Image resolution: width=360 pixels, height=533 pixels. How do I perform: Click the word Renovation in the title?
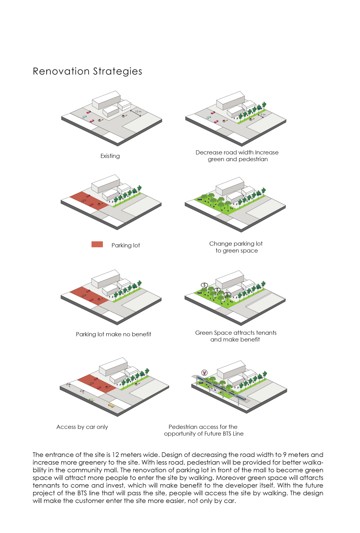pos(61,71)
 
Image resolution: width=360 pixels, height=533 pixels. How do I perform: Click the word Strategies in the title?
pos(118,72)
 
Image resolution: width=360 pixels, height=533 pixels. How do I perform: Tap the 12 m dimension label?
pos(138,111)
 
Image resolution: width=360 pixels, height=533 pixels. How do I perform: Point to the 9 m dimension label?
pos(263,115)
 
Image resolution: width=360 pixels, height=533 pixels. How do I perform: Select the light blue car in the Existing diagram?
pos(84,117)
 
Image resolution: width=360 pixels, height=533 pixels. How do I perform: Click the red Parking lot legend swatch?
pos(97,245)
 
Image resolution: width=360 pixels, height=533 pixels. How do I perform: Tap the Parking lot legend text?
pos(126,245)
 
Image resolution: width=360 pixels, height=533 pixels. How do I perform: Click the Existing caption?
pos(110,156)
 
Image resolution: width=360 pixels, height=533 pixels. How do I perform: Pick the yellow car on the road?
pos(111,405)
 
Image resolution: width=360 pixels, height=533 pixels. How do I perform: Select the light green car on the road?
pos(92,400)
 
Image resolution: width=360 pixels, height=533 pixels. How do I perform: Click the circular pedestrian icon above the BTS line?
pos(204,373)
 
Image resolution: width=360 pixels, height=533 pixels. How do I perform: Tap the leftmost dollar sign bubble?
pos(204,285)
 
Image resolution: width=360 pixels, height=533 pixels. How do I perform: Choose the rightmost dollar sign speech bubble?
pos(227,294)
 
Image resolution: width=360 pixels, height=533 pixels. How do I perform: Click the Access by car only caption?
pos(82,427)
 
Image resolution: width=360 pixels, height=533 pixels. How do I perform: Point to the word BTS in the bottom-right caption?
pos(227,434)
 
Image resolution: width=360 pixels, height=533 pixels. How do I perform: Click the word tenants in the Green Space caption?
pos(266,333)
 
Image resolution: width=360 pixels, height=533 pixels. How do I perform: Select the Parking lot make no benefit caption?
pos(114,334)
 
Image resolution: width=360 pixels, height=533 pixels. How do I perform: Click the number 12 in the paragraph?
pos(115,455)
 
